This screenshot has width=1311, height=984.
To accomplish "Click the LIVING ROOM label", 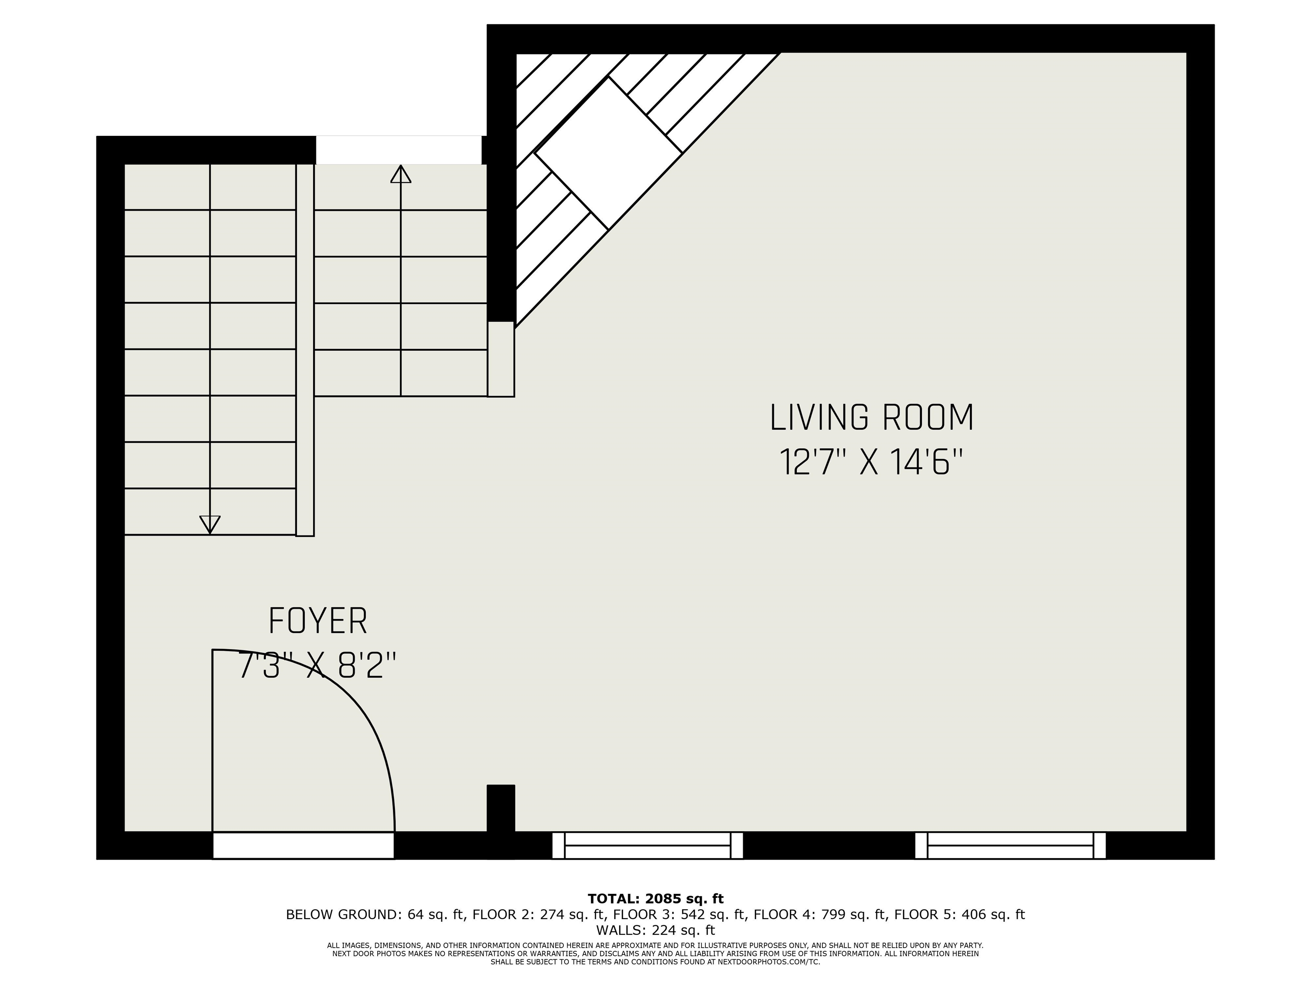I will pos(871,418).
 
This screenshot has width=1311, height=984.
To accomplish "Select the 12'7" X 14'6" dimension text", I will pos(870,463).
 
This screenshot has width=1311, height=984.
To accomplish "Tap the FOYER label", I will pos(318,621).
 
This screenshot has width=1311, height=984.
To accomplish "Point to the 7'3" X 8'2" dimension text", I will pos(317,665).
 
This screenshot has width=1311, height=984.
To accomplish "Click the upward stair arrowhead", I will pos(401,174).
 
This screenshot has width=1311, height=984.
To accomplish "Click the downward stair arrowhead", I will pos(210,524).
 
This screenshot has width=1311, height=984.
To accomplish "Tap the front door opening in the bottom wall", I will pos(303,845).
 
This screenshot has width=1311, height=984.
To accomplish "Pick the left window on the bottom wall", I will pos(647,845).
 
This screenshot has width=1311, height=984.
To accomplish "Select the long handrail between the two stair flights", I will pos(305,350).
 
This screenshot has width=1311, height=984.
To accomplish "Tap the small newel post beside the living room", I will pos(501,359).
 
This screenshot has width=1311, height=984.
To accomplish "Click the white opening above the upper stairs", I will pos(398,150).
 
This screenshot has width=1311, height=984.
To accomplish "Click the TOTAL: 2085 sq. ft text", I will pos(655,899).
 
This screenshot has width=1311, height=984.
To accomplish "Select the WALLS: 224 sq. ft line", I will pos(655,930).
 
